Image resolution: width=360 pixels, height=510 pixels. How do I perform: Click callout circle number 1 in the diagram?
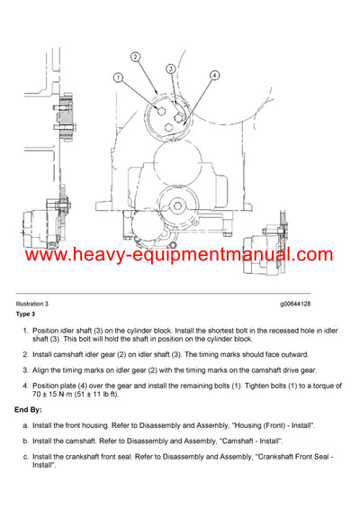[x=118, y=78]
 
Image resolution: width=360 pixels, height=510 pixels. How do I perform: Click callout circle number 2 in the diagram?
[x=135, y=57]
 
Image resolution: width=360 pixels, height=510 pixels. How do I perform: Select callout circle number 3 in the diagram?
[x=170, y=68]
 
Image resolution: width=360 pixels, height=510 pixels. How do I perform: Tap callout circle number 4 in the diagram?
[x=214, y=76]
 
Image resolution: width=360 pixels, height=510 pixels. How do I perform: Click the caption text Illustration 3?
[x=35, y=305]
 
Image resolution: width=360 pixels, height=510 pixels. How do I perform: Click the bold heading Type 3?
[x=25, y=314]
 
